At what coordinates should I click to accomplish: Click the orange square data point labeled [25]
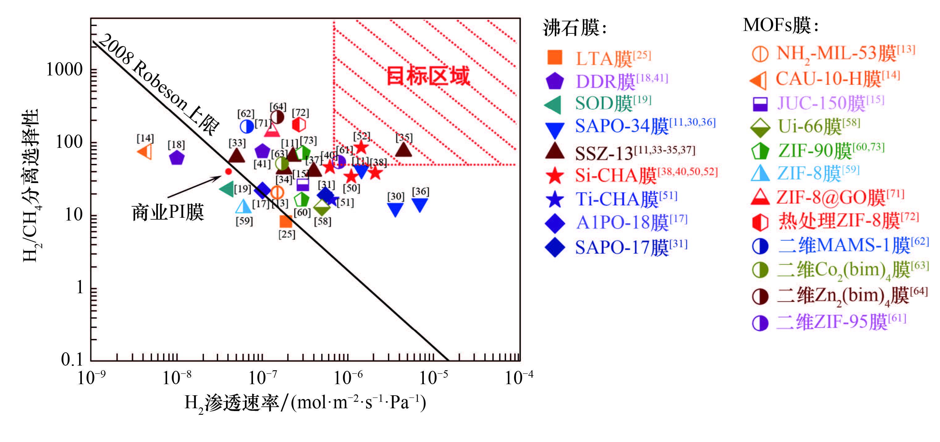tap(286, 221)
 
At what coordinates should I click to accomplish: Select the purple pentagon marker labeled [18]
tap(177, 158)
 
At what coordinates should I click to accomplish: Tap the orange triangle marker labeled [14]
tap(145, 152)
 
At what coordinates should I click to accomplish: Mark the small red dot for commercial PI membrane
tap(228, 171)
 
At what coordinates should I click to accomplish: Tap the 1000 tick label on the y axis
tap(65, 69)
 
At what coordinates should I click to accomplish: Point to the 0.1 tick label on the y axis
tap(72, 359)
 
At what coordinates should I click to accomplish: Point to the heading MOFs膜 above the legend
tap(781, 26)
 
